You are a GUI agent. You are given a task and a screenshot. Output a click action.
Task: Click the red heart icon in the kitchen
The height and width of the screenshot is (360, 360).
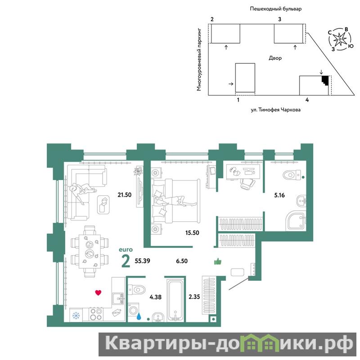tap(98, 292)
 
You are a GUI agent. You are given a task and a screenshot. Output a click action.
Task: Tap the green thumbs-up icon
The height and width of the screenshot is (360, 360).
tap(218, 261)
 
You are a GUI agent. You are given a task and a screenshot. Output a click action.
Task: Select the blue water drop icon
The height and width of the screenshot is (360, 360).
tap(139, 316)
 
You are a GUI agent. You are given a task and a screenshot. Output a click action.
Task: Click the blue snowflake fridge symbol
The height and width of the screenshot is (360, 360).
tap(76, 315)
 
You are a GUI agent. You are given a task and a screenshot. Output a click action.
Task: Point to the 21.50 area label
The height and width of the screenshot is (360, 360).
tap(125, 195)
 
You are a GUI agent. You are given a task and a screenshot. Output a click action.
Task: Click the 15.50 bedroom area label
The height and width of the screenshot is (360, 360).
tap(192, 233)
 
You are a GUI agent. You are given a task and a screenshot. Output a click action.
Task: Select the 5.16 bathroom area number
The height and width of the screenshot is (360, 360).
tap(279, 195)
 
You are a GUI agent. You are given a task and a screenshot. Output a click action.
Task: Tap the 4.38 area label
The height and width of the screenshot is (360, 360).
tap(155, 297)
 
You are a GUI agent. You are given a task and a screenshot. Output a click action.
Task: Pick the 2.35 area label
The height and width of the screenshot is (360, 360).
tap(194, 297)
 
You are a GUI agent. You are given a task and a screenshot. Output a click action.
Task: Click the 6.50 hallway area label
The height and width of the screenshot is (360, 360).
tap(182, 261)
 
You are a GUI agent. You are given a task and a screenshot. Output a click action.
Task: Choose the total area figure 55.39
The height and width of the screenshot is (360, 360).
tap(142, 261)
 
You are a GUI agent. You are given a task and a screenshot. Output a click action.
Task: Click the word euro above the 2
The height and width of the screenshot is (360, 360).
tap(126, 250)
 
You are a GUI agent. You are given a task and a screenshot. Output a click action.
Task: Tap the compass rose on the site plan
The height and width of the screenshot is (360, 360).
tap(340, 40)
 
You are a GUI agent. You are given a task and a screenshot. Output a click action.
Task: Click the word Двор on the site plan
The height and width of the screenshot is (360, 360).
tap(275, 58)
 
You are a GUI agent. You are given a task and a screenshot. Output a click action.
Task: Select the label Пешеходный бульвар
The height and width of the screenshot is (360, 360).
tap(276, 9)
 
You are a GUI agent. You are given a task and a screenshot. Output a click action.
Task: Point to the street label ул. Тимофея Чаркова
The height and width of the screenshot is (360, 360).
tap(275, 110)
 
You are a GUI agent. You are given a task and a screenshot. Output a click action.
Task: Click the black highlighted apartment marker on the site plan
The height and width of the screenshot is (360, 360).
tap(325, 80)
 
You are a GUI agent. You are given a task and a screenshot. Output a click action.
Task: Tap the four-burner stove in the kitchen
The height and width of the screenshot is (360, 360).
tap(96, 314)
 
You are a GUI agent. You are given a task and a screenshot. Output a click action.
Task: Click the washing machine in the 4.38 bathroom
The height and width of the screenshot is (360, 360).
tap(133, 310)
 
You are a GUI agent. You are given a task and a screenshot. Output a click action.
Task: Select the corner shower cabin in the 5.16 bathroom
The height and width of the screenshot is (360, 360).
tap(296, 220)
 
